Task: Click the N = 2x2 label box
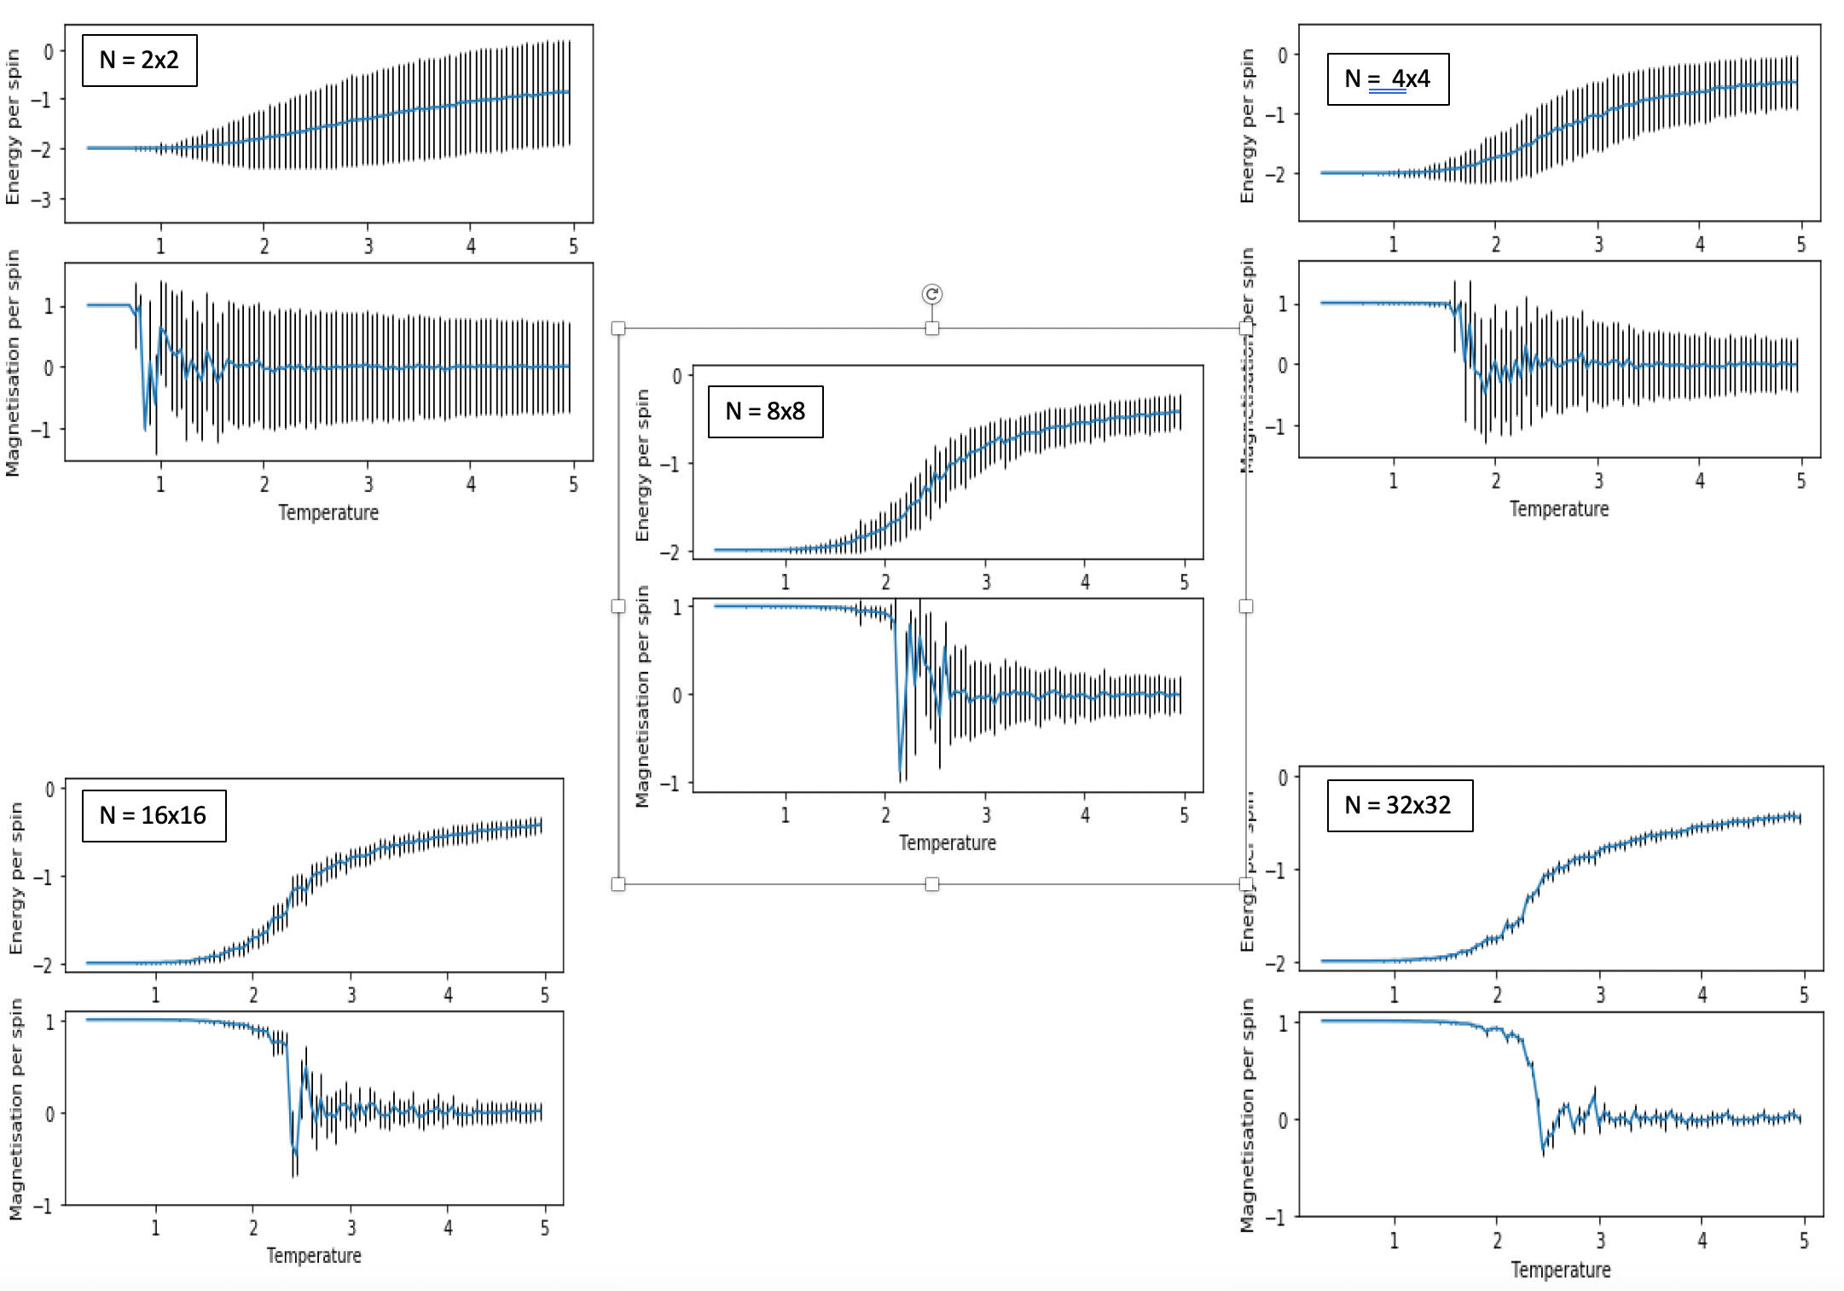[x=139, y=61]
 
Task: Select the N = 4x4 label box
[x=1388, y=79]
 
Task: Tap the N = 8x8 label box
[x=765, y=412]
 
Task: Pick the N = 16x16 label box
[x=154, y=816]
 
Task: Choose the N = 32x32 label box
[x=1399, y=806]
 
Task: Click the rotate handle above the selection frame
[x=931, y=294]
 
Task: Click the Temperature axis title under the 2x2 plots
[x=328, y=512]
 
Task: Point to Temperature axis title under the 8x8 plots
[x=947, y=842]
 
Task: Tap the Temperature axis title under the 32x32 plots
[x=1560, y=1270]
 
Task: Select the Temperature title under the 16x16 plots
[x=314, y=1255]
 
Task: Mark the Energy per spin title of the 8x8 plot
[x=643, y=465]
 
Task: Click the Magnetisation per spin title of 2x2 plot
[x=13, y=362]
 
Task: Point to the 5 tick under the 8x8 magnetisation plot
[x=1184, y=815]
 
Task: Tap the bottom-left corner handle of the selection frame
[x=618, y=884]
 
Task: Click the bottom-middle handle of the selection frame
[x=931, y=884]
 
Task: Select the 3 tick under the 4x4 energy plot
[x=1598, y=245]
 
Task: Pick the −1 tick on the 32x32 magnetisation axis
[x=1276, y=1218]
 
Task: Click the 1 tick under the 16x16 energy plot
[x=155, y=995]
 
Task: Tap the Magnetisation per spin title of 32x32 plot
[x=1248, y=1115]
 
